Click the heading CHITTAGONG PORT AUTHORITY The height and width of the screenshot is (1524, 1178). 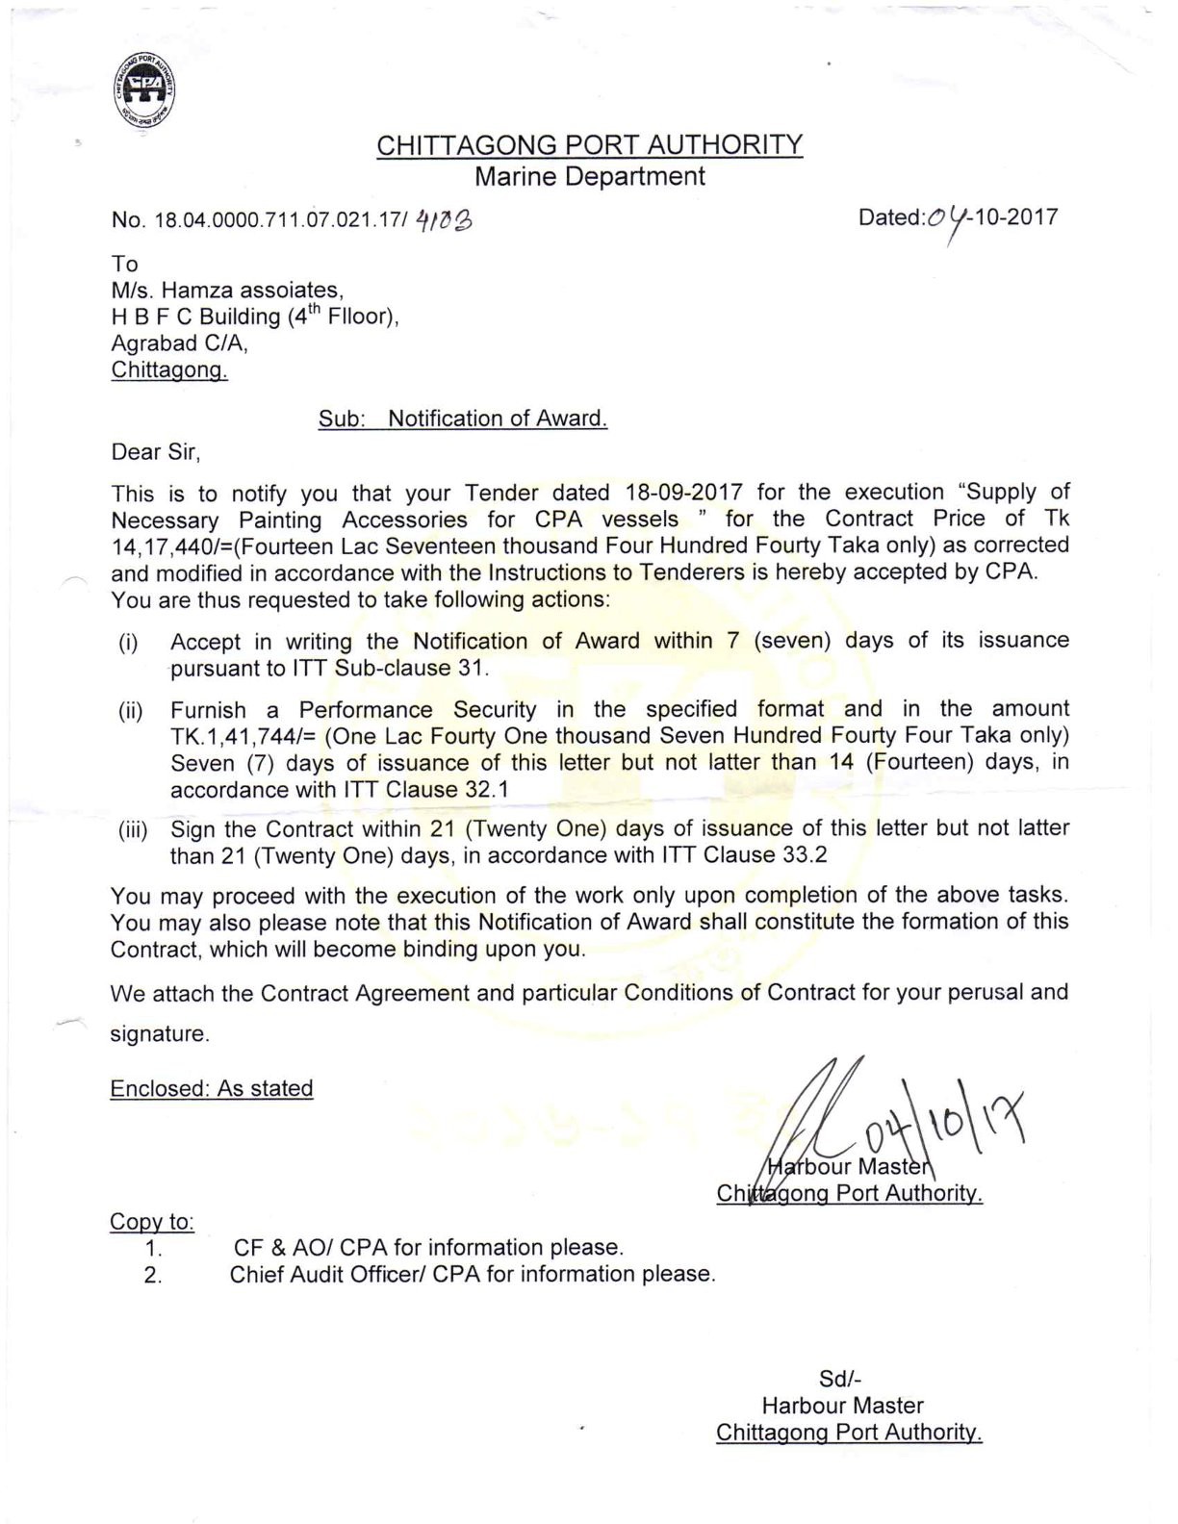589,145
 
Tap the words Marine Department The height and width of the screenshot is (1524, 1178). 590,176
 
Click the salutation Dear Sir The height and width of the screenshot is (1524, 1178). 155,451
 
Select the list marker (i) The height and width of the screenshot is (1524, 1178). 128,643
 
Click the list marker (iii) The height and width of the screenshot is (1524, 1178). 133,830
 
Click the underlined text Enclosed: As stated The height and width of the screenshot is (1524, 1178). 212,1088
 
